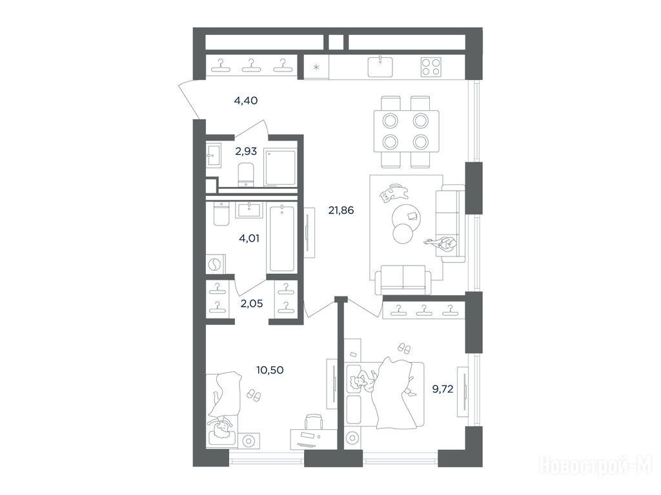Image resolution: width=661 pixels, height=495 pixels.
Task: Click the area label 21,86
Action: point(341,210)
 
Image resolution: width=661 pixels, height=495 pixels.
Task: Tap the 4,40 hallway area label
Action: point(245,101)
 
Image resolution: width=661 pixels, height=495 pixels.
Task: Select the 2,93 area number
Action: point(246,151)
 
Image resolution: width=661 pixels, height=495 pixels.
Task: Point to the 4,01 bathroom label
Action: point(249,238)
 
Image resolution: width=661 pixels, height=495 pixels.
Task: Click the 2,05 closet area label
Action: point(252,303)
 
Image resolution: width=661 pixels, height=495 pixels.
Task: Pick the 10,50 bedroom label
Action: point(270,370)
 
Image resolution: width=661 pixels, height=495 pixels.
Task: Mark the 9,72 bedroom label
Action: point(443,389)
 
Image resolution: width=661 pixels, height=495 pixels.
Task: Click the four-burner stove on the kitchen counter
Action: point(431,67)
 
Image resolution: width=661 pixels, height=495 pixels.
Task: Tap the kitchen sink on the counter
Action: point(380,66)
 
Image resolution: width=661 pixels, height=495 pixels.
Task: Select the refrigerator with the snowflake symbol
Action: point(316,67)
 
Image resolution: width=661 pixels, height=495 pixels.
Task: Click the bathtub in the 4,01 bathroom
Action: point(283,238)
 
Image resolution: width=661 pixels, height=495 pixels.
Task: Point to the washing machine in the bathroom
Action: point(215,264)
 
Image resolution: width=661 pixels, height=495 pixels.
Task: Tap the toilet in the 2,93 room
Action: point(246,174)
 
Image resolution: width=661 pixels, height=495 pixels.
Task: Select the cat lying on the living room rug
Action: point(393,193)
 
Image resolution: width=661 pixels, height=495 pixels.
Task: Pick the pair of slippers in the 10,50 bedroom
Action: point(254,395)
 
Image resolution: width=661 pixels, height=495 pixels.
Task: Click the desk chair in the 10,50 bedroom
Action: point(314,422)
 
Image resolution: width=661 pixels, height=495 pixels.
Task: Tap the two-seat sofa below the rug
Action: point(403,280)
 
